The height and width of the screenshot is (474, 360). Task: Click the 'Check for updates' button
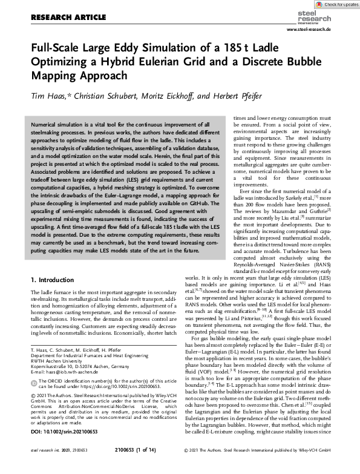333,5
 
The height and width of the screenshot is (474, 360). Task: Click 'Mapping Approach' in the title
79,76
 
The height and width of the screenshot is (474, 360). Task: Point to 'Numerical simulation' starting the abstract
61,123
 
